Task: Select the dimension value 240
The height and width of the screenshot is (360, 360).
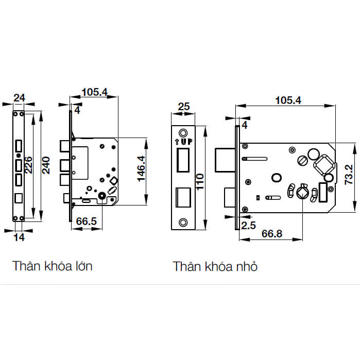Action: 46,165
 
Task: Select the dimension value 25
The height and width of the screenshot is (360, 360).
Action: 184,107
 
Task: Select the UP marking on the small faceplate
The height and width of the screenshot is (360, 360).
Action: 183,140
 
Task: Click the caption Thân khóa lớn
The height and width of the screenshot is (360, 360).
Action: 53,266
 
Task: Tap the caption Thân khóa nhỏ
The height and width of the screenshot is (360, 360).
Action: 215,266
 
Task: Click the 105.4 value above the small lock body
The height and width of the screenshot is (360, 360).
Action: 288,100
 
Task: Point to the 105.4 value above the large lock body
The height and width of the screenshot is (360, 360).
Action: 94,92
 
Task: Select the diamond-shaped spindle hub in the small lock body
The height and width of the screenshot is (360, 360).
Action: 322,166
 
